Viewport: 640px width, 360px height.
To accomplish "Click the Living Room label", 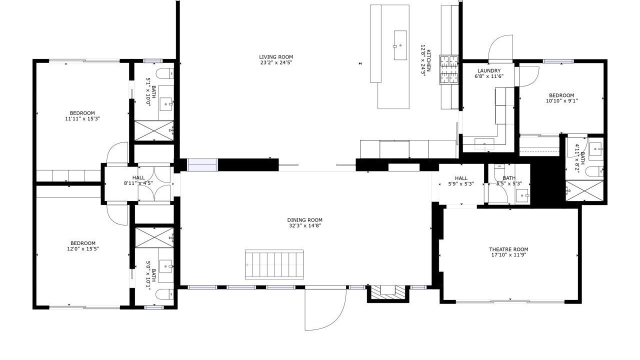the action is tap(276, 57).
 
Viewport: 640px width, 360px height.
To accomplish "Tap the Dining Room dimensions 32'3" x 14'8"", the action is tap(305, 225).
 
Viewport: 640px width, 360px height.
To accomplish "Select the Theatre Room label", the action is tap(508, 249).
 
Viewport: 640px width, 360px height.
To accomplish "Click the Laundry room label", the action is tap(489, 71).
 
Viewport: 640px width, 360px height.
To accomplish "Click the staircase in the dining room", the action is tap(274, 265).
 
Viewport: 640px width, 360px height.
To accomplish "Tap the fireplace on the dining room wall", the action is tap(387, 293).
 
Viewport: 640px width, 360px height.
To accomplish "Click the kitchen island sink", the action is tap(400, 45).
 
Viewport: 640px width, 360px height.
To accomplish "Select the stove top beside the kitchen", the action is tap(449, 69).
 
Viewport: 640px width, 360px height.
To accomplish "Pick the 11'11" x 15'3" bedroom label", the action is tap(82, 116).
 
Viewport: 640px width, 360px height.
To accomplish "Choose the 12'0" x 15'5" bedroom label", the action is tap(83, 246).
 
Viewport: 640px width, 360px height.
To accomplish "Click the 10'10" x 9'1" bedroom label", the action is tap(561, 98).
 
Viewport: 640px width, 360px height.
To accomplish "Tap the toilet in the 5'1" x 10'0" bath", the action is tap(165, 73).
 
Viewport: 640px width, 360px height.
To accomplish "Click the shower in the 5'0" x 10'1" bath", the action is tap(154, 237).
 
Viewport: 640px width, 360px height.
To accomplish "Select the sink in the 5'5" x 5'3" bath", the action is tap(522, 196).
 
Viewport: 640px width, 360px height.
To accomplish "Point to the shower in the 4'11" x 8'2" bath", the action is tap(584, 190).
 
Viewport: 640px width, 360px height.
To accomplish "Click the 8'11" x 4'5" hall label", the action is tap(138, 180).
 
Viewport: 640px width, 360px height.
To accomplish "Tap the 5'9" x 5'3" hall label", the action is tap(461, 181).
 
